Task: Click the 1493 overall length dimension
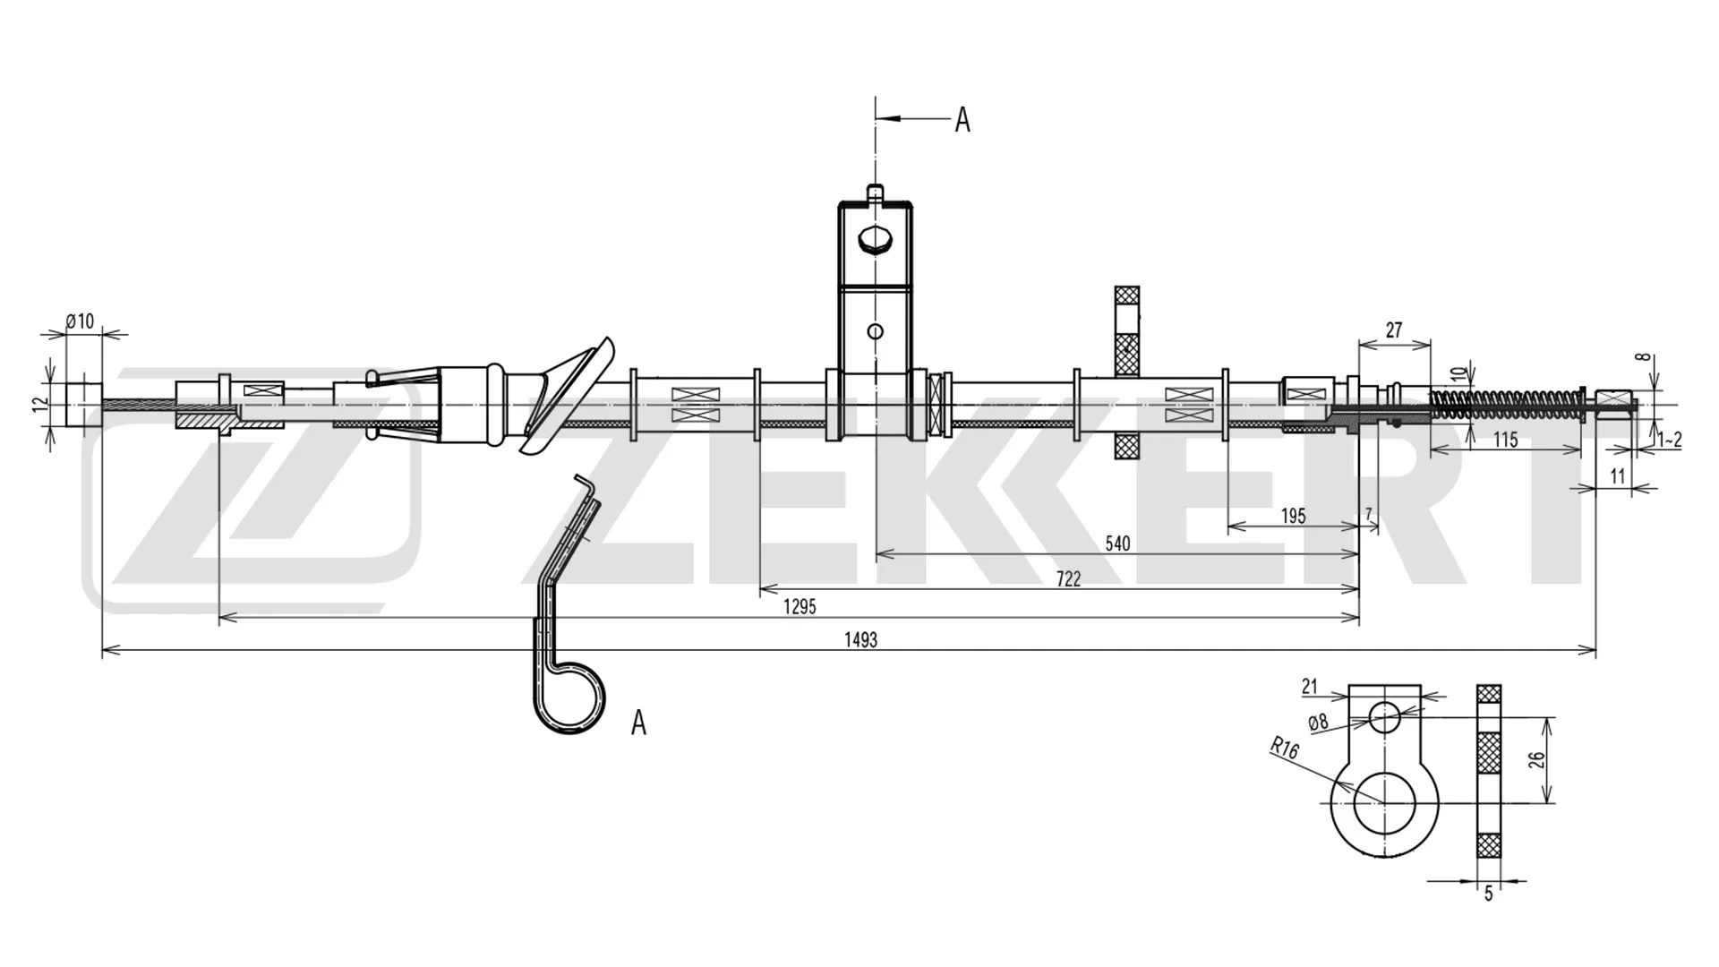(860, 639)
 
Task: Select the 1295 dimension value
(800, 606)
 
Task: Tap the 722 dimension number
(1068, 578)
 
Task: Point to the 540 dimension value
(1117, 543)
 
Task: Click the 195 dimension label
(1293, 516)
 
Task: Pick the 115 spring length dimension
(1506, 440)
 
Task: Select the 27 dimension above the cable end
(1394, 330)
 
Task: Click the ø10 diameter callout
(81, 321)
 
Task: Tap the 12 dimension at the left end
(38, 405)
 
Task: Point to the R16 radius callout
(1284, 748)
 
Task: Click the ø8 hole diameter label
(1318, 722)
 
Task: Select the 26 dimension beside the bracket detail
(1536, 760)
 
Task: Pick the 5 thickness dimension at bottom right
(1489, 893)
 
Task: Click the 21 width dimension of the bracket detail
(1310, 687)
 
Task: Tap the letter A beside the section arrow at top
(962, 119)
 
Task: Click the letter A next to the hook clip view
(638, 722)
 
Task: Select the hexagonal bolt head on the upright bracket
(875, 240)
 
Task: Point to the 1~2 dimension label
(1669, 440)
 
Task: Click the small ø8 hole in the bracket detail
(1384, 716)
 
